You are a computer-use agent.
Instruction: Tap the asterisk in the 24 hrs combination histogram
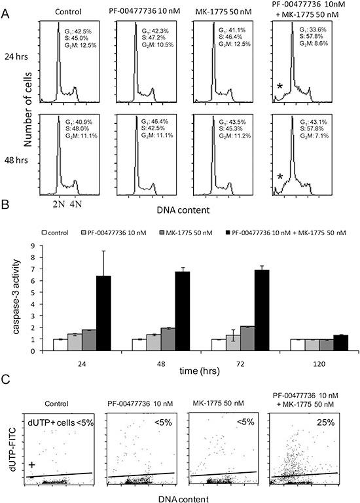click(x=279, y=86)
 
